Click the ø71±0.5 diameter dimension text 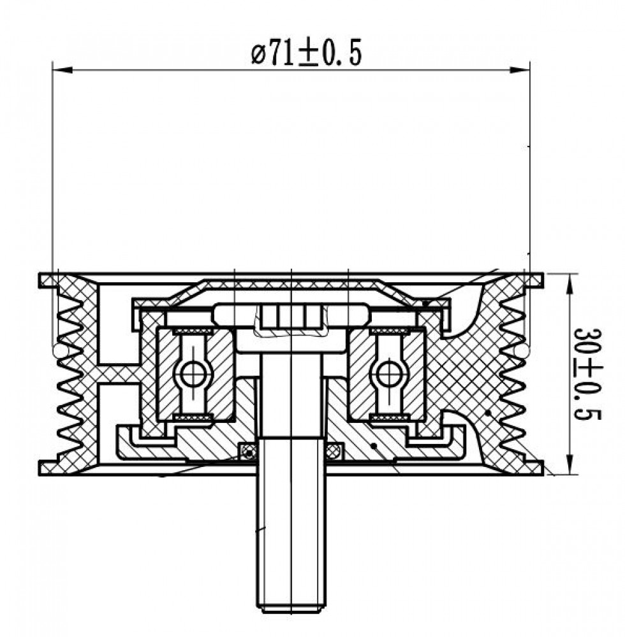coord(306,52)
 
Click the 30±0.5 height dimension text coord(587,374)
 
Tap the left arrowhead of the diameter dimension coord(62,70)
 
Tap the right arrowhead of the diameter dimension coord(520,70)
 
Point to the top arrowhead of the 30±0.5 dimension coord(571,283)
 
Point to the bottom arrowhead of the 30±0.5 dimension coord(571,464)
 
